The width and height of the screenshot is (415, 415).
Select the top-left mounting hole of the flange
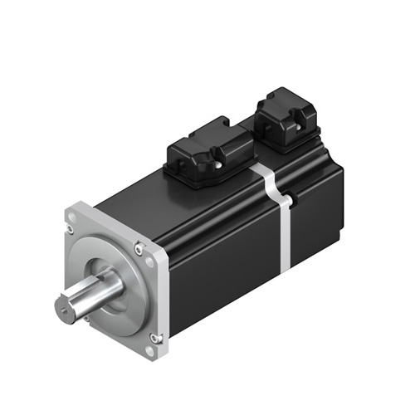71,219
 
